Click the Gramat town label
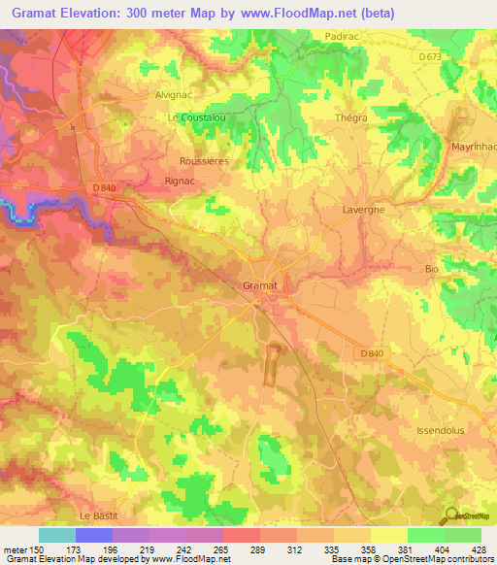(259, 286)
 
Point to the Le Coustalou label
(197, 118)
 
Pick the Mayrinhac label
(474, 147)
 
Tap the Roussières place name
(204, 161)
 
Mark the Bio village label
(433, 268)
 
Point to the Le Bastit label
(96, 515)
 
